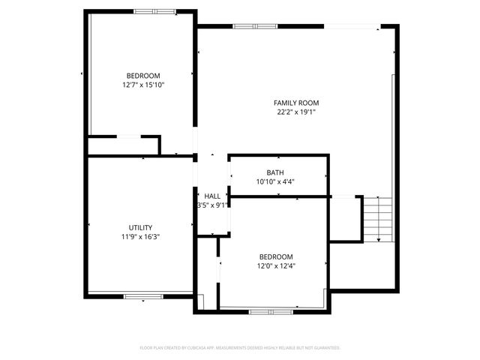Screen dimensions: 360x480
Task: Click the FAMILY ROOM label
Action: [x=296, y=103]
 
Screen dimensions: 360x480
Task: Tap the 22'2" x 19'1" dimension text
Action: [x=296, y=112]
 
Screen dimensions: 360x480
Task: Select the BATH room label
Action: [x=275, y=172]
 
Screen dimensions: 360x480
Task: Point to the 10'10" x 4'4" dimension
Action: [x=275, y=181]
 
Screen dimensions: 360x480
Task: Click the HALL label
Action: [x=212, y=196]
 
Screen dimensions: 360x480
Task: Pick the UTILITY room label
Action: [x=140, y=227]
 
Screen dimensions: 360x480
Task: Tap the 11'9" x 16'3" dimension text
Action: [x=140, y=237]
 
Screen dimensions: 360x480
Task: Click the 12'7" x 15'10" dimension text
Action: [x=143, y=85]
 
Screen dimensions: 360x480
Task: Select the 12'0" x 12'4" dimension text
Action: [x=276, y=265]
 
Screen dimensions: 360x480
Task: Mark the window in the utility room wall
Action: [x=143, y=297]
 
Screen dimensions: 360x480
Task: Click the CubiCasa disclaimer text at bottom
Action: [x=240, y=348]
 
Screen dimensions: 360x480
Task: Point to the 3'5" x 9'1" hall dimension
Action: [x=212, y=205]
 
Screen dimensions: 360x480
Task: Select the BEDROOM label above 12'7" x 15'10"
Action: [x=143, y=76]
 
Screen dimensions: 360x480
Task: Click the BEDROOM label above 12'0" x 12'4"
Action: [x=276, y=256]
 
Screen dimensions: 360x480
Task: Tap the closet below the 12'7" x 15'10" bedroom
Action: [x=124, y=145]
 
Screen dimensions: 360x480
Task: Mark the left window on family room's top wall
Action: [x=255, y=27]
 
